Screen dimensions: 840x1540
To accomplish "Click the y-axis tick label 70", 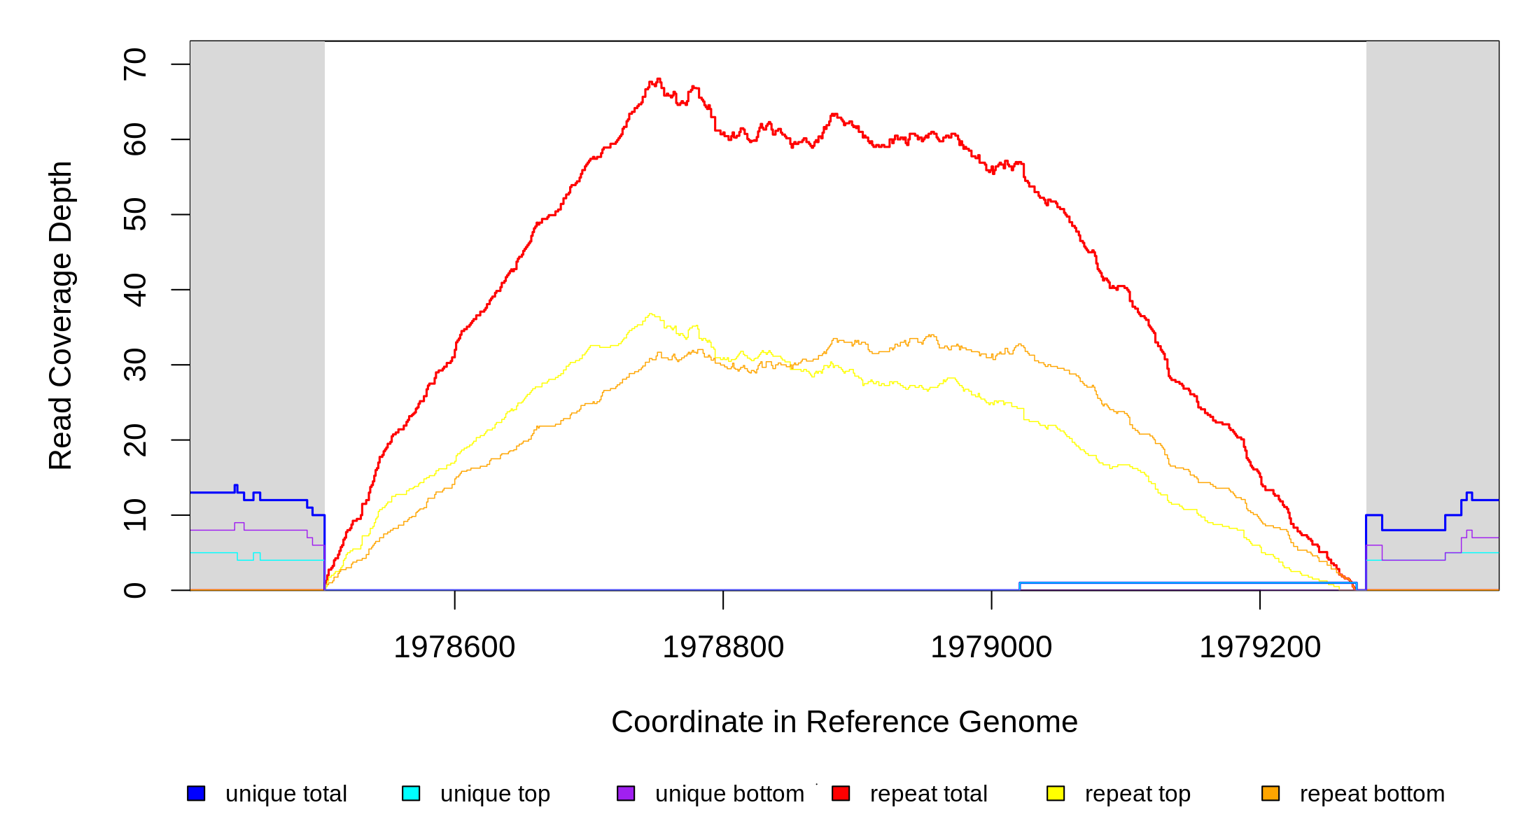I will coord(134,64).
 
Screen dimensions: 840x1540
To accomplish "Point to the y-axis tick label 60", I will coord(134,139).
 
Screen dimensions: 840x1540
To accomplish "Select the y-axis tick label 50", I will coord(134,214).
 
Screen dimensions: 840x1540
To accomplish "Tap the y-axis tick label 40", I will coord(134,290).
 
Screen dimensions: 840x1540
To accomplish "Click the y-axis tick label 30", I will coord(134,365).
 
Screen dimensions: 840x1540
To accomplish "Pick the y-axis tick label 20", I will coord(134,440).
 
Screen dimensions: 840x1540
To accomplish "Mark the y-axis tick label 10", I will coord(134,515).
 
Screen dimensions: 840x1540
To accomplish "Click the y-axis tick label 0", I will coord(134,590).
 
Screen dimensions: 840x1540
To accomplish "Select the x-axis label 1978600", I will coord(454,647).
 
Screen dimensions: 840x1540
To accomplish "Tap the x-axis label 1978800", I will coord(723,647).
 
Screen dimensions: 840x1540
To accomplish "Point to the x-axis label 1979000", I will coord(991,647).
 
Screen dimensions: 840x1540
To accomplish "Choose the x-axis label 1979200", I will coord(1260,647).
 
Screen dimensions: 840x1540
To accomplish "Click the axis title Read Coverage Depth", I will coord(60,315).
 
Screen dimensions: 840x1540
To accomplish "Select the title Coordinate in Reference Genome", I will coord(844,722).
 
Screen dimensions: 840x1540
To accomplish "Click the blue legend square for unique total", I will coord(196,793).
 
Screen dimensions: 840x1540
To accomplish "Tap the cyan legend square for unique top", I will coord(411,793).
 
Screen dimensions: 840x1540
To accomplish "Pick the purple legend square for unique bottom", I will coord(626,793).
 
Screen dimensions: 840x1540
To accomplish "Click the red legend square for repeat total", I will coord(841,793).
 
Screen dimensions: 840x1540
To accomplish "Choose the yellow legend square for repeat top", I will coord(1056,793).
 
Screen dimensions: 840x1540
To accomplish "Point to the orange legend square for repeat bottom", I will coord(1270,793).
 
